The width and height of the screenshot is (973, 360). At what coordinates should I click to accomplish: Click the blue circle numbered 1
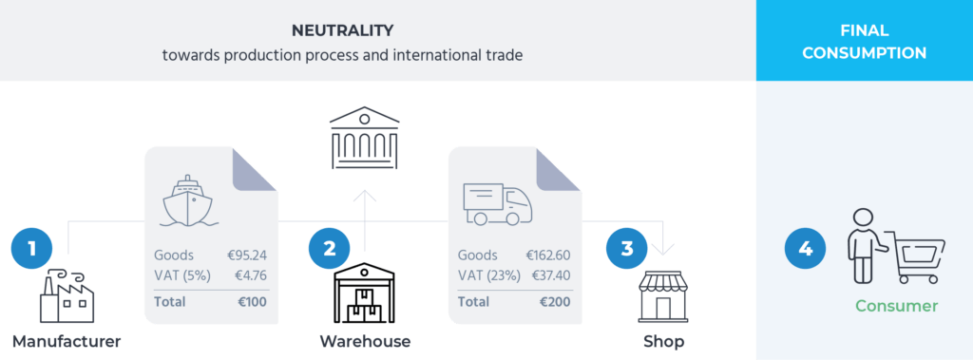coord(32,249)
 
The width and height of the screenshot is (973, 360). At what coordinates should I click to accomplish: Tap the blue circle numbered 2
coord(330,249)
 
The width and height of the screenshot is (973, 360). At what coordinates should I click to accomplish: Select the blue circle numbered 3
coord(627,249)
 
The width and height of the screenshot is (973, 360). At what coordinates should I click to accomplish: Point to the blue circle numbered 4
coord(806,249)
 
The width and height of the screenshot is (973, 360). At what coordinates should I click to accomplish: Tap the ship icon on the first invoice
coord(191,199)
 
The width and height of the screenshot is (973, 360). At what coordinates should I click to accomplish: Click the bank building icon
coord(364,140)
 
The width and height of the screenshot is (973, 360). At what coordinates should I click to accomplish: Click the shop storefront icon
coord(662,297)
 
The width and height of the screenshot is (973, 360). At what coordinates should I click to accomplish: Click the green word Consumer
coord(896,306)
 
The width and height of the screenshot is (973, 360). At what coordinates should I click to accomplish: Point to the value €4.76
coord(250,275)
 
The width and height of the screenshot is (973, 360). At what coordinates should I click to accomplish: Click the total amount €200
coord(554,302)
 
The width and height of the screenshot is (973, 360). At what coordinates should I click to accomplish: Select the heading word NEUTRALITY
coord(342,31)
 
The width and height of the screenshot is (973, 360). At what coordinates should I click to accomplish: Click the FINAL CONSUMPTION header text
coord(864,42)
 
